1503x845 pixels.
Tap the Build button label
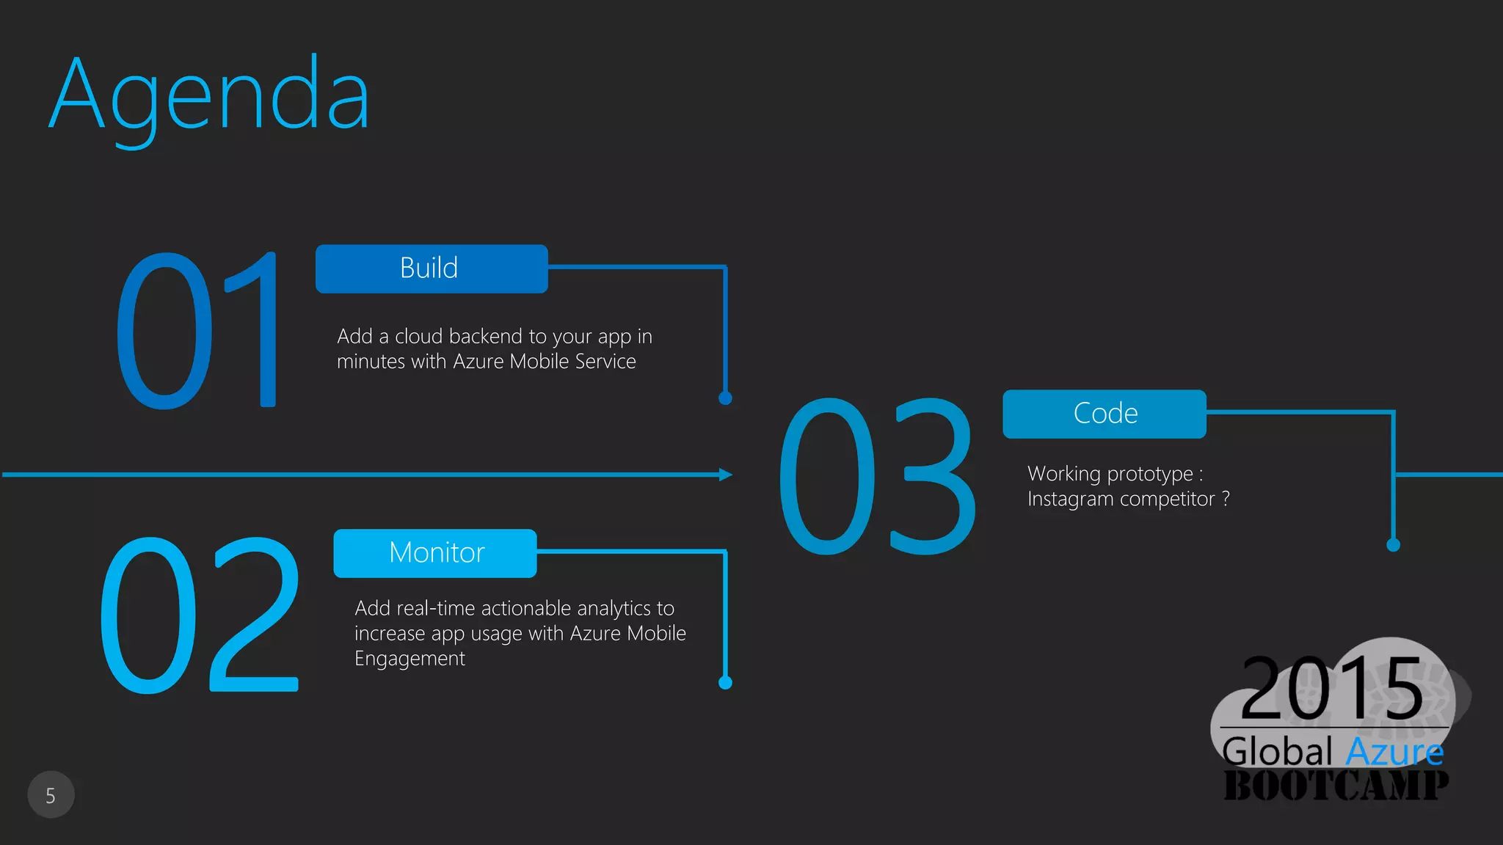[429, 268]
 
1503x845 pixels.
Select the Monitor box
[435, 553]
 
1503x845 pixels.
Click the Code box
[1104, 414]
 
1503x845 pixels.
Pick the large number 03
[878, 477]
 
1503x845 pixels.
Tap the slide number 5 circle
[51, 795]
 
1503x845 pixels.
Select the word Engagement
[410, 659]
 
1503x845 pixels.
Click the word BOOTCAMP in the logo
[1336, 785]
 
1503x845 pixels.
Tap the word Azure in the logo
[1394, 752]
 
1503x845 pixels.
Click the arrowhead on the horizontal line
[725, 475]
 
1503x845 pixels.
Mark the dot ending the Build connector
[725, 398]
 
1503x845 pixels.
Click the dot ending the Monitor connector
[725, 683]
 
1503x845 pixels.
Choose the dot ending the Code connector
[1393, 545]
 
